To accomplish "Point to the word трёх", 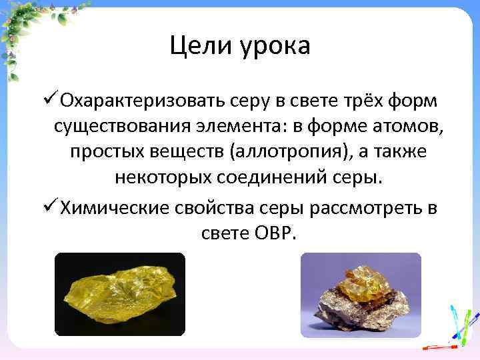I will (x=354, y=101).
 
